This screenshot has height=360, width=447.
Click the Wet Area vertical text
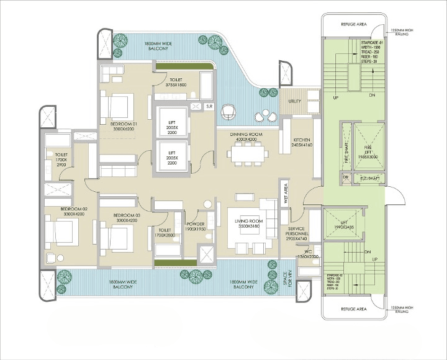(x=286, y=193)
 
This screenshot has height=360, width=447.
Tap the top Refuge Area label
(x=353, y=24)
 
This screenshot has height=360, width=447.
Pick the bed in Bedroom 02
(x=62, y=234)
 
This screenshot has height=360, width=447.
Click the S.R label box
(x=210, y=107)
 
